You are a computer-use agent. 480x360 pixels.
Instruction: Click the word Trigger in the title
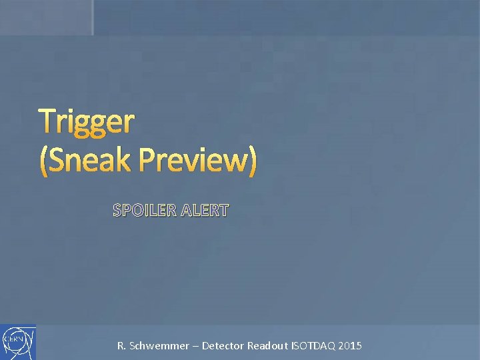click(x=87, y=122)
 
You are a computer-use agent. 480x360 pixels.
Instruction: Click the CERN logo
click(x=18, y=342)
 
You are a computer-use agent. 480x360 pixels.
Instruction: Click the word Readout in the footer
click(x=269, y=346)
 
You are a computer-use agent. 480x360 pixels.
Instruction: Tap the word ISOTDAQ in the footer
click(x=315, y=346)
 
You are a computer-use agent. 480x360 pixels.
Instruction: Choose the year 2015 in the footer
click(x=351, y=346)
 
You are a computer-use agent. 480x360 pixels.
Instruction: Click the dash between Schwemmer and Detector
click(x=195, y=346)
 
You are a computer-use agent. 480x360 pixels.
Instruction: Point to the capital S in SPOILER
click(x=118, y=211)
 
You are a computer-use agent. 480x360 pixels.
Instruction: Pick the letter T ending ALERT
click(x=223, y=211)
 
